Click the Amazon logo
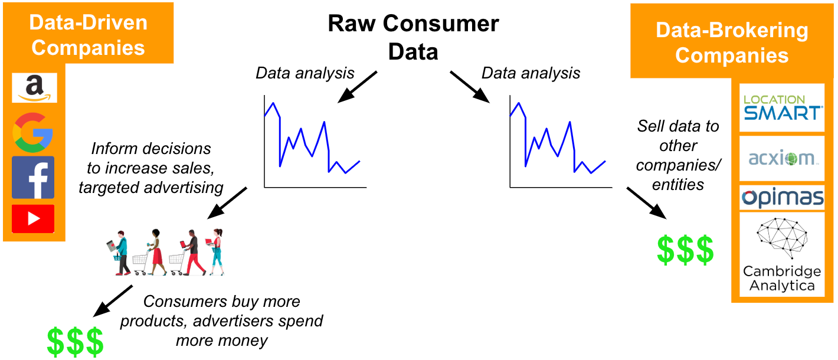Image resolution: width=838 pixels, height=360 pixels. click(x=34, y=88)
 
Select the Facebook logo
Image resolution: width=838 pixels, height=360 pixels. click(x=33, y=177)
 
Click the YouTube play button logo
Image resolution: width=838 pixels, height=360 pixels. click(x=33, y=219)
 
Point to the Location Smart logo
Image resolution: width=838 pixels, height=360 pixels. click(x=781, y=107)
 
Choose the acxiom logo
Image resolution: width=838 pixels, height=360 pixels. click(x=781, y=158)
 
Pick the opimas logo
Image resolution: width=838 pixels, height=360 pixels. click(x=781, y=198)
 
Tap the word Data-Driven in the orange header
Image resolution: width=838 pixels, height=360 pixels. click(x=89, y=22)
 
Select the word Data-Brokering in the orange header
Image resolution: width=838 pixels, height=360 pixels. click(x=732, y=30)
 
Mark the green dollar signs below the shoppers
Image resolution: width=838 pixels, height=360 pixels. click(x=75, y=342)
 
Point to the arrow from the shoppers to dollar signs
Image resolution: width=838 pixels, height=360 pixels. click(x=113, y=300)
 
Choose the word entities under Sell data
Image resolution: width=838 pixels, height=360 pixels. click(x=678, y=185)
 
